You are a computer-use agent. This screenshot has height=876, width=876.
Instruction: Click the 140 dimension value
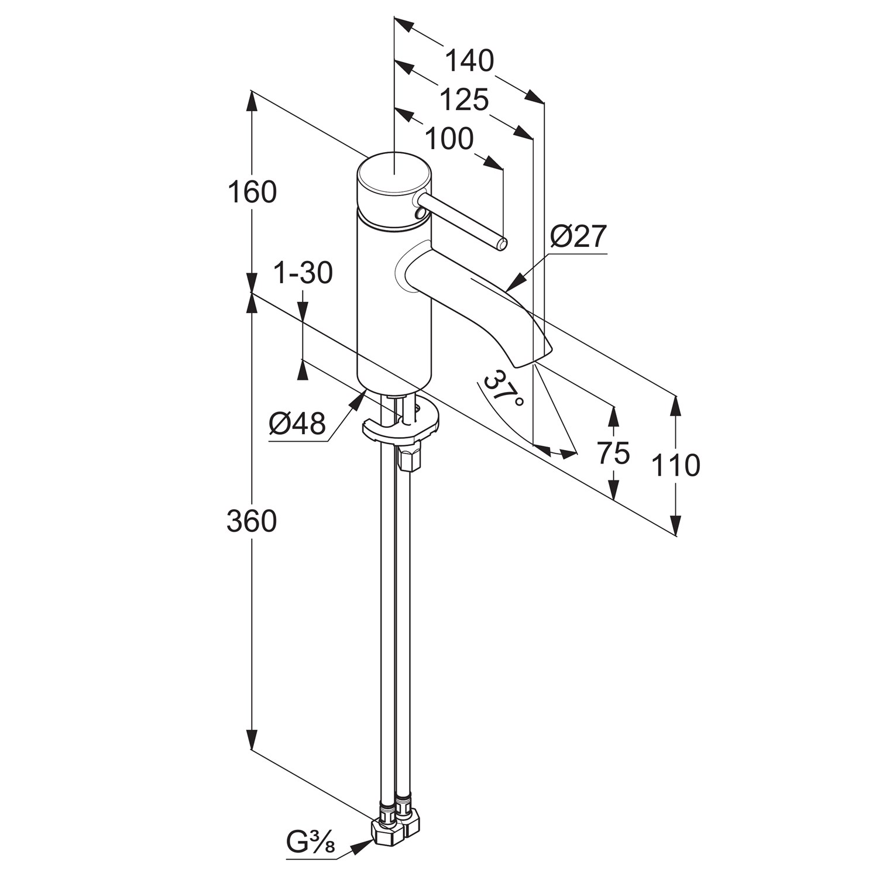click(469, 60)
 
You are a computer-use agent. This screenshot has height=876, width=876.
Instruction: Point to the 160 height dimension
click(252, 192)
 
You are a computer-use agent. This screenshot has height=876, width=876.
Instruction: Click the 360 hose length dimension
click(252, 520)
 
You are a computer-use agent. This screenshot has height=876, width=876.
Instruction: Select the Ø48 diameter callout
click(297, 422)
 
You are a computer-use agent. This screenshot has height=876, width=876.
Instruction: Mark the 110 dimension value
click(676, 465)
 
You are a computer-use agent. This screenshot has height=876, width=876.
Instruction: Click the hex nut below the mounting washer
click(409, 457)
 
